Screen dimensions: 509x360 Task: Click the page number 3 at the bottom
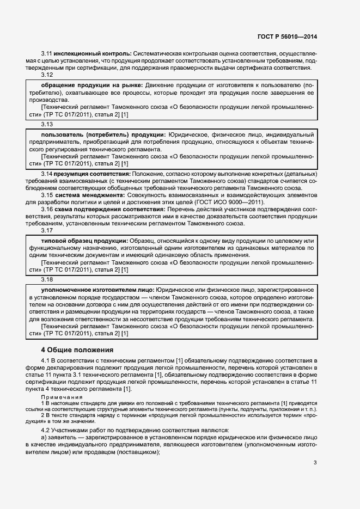coord(315,463)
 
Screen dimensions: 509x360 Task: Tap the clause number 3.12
coord(47,75)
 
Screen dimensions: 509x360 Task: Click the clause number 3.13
coord(47,124)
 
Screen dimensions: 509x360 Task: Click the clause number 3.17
coord(47,230)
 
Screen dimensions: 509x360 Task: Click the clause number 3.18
coord(47,280)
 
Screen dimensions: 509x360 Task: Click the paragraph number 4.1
coord(46,360)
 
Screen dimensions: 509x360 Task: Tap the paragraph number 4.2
coord(46,430)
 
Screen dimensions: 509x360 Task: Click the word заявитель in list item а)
coord(64,437)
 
